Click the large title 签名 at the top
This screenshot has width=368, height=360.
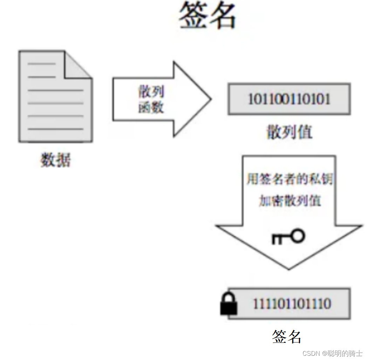(207, 16)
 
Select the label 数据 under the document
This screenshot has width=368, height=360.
(56, 160)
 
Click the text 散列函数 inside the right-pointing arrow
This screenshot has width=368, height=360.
(151, 100)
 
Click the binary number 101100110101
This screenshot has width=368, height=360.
(289, 99)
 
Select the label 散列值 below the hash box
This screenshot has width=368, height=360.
(289, 132)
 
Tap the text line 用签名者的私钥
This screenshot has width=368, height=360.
(289, 179)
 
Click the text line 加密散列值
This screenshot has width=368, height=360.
(289, 201)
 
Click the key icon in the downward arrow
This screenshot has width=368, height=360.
(288, 237)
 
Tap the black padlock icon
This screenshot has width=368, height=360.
(229, 305)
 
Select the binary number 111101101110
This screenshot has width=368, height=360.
(292, 304)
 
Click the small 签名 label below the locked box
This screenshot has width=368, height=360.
(287, 337)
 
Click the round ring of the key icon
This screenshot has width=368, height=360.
(298, 236)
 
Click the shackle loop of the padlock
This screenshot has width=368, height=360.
(229, 297)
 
